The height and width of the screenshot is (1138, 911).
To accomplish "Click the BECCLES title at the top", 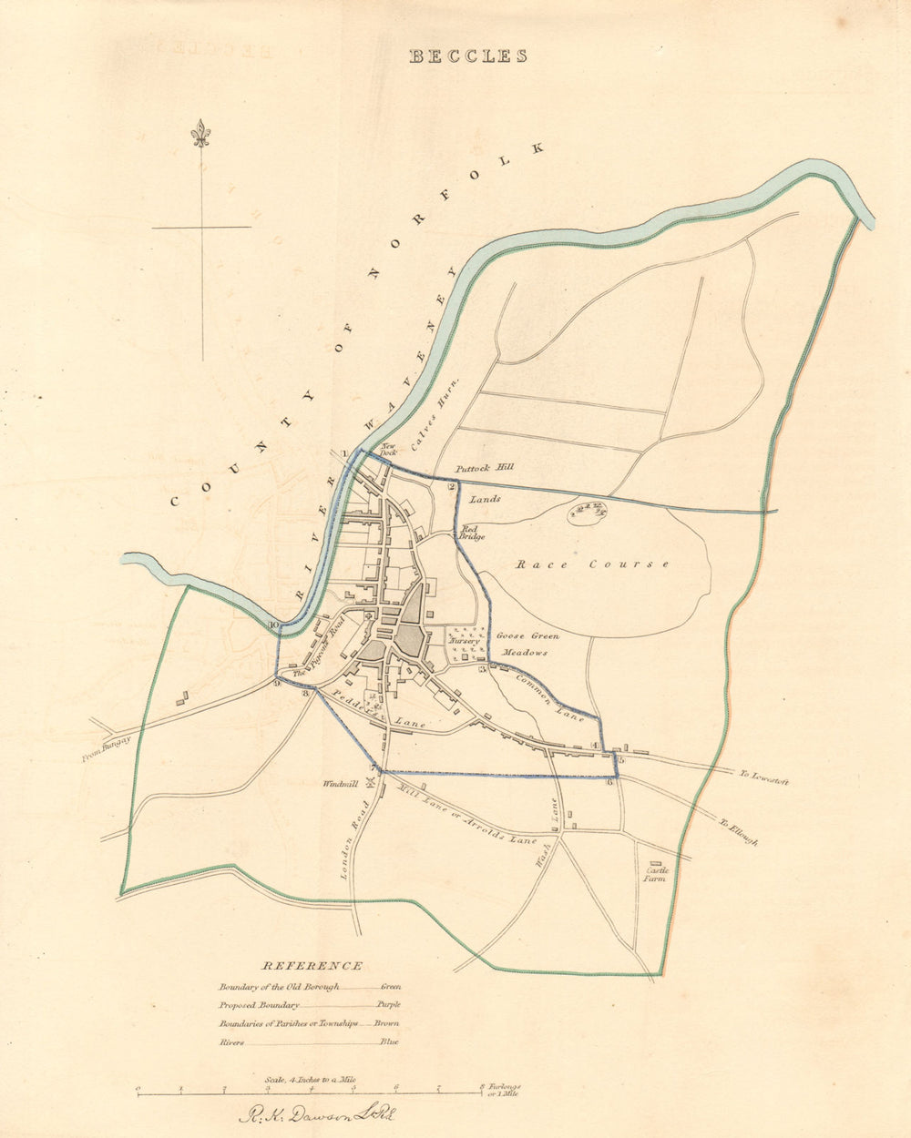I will (x=467, y=56).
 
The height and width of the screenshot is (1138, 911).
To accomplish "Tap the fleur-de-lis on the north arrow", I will (x=201, y=135).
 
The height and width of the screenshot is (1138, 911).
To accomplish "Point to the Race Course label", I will (x=593, y=564).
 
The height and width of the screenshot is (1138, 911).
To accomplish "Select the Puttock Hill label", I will (x=486, y=467).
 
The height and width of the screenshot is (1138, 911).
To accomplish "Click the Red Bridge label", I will (x=470, y=533).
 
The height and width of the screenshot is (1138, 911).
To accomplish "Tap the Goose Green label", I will (x=527, y=635).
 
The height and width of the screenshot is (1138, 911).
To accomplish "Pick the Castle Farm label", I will (x=656, y=874).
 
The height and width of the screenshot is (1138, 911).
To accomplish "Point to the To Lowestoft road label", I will (x=763, y=777).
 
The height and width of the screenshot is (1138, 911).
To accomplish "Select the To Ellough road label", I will (x=738, y=830).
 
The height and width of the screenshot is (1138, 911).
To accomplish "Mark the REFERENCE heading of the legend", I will (x=312, y=966).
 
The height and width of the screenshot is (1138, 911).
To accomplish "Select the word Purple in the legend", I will (x=387, y=1005).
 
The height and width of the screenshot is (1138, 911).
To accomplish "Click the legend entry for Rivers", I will (x=231, y=1042).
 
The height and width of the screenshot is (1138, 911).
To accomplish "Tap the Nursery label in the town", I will (x=464, y=641).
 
